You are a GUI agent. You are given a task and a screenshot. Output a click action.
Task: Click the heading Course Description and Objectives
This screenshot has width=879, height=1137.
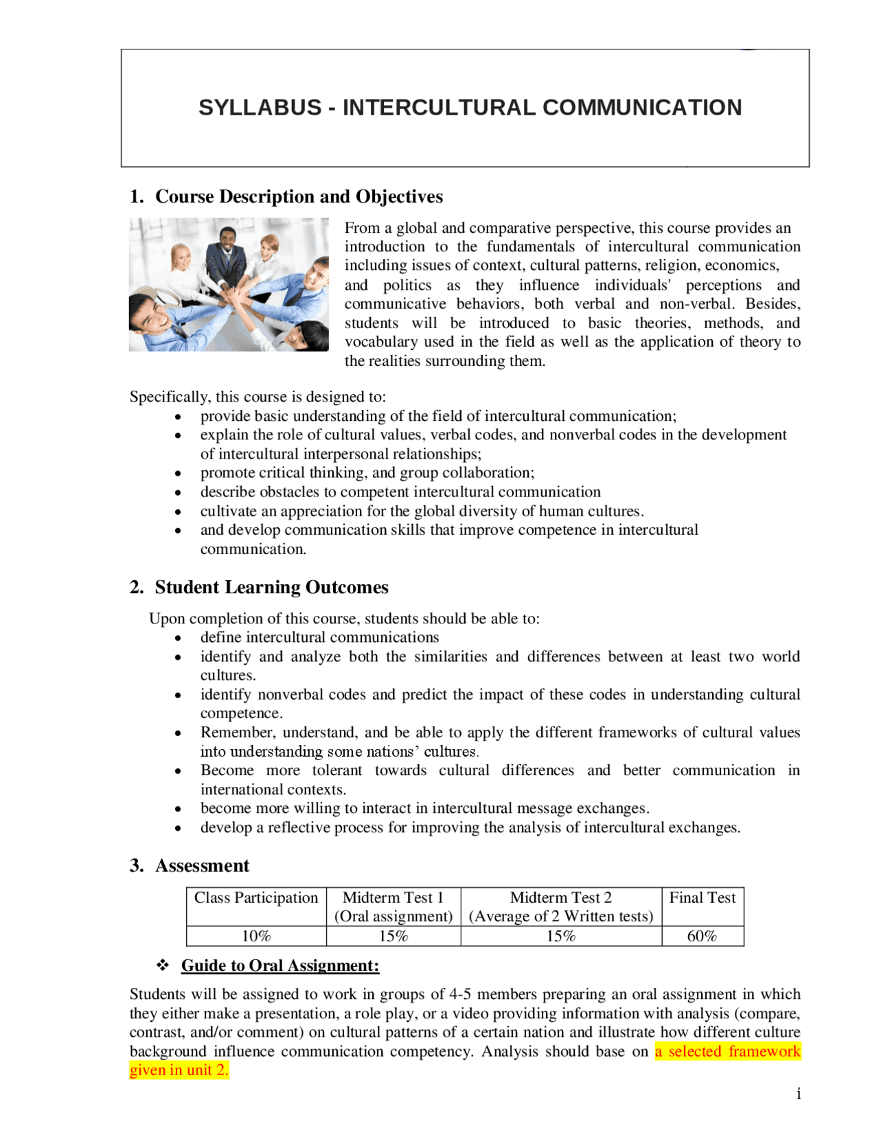pos(299,197)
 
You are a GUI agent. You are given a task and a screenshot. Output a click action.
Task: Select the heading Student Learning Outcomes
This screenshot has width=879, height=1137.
pos(271,588)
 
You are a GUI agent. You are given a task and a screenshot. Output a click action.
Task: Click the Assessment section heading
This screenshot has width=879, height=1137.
pos(202,866)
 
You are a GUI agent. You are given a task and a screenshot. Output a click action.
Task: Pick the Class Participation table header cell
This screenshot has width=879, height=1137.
pos(256,899)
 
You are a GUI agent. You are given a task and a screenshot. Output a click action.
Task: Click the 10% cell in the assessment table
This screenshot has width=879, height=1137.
pos(256,937)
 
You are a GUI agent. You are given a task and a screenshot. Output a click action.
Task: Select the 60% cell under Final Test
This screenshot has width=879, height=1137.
pos(702,937)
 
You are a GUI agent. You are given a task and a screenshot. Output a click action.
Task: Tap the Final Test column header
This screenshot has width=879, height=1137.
pos(702,899)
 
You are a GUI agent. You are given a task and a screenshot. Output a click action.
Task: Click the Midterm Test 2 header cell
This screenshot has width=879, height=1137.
pos(560,907)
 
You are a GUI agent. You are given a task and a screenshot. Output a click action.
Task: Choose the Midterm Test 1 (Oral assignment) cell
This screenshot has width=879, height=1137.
pos(393,907)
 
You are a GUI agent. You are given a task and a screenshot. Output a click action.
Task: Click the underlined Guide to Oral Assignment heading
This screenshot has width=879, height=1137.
pos(279,966)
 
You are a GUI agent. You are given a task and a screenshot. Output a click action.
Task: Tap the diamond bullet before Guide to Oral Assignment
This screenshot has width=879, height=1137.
pos(163,965)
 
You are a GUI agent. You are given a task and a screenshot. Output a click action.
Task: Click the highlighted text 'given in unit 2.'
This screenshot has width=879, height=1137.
pos(179,1070)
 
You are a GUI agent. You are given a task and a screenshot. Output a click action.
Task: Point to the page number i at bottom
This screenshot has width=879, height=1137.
pos(799,1094)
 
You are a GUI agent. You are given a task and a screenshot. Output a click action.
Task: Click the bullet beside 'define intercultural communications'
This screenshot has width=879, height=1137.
pos(178,639)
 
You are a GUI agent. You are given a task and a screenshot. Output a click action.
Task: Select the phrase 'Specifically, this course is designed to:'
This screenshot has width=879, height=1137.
pos(258,397)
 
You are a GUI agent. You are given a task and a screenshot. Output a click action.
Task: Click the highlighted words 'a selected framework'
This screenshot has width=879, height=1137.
pos(727,1052)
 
